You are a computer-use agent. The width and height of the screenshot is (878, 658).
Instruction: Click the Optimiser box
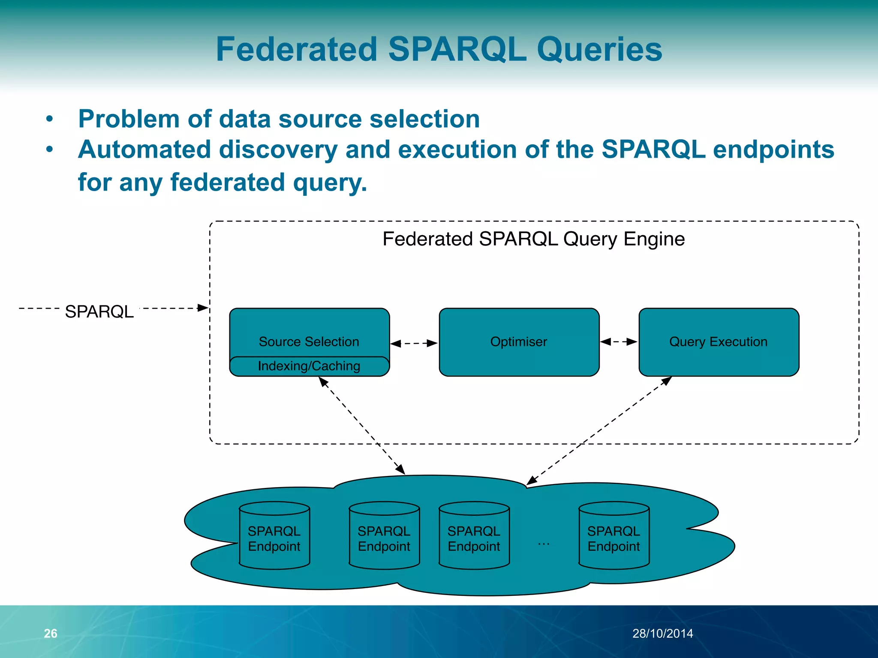click(x=519, y=342)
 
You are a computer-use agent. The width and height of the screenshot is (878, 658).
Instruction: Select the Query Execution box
click(x=719, y=342)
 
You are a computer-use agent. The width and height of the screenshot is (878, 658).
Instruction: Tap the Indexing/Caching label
click(x=309, y=366)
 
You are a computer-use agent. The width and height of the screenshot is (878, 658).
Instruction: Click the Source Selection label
click(x=309, y=341)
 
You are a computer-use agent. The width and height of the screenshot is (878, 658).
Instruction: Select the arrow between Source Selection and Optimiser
click(x=414, y=343)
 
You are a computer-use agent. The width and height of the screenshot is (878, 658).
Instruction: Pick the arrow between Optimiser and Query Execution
click(x=619, y=341)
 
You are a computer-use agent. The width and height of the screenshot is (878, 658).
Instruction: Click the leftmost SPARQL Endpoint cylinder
click(x=274, y=538)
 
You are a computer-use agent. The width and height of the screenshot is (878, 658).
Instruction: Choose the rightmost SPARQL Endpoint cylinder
click(x=613, y=538)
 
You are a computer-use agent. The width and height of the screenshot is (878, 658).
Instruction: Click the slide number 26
click(x=51, y=633)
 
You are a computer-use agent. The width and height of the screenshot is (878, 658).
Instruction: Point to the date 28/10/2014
click(x=662, y=633)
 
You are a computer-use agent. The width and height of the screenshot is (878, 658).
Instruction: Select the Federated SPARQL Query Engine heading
click(x=533, y=239)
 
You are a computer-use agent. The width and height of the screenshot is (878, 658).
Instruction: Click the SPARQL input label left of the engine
click(x=99, y=311)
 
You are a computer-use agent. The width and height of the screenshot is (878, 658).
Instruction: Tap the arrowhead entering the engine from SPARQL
click(x=203, y=308)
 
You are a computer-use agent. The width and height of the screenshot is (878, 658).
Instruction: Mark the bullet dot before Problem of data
click(x=50, y=119)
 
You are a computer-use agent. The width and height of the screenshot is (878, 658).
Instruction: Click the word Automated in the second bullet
click(x=145, y=150)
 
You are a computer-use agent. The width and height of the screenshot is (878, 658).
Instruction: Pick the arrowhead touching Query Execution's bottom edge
click(x=667, y=381)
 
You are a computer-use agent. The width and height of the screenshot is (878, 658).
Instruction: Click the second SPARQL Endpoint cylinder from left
click(x=384, y=538)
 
